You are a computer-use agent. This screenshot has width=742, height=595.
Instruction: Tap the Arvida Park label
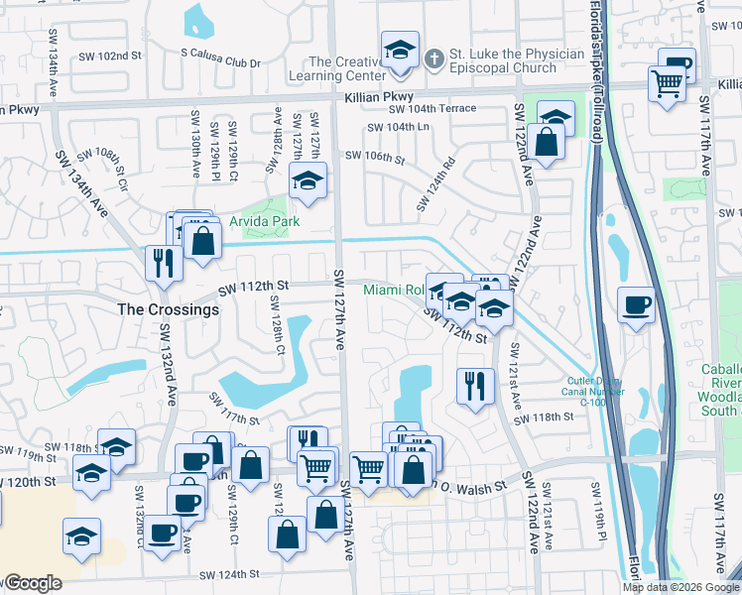coord(265,221)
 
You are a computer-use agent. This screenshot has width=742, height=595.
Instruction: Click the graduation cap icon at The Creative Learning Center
coord(400,51)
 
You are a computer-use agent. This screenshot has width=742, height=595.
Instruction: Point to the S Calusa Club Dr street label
coord(220,62)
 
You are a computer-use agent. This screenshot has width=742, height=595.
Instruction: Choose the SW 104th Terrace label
coord(433,109)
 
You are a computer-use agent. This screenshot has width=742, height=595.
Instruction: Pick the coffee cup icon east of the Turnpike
coord(636,303)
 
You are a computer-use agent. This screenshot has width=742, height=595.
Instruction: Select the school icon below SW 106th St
coord(308,181)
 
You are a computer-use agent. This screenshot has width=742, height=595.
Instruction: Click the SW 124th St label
coord(228,574)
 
